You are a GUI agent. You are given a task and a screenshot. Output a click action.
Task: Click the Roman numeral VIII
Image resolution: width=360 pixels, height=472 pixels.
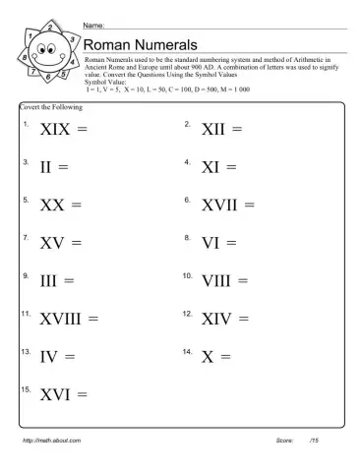click(x=216, y=280)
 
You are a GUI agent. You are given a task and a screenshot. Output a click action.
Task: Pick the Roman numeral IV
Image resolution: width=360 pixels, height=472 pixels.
click(x=50, y=357)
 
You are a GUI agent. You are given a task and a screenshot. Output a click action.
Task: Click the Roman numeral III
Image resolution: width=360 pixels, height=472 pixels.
click(x=49, y=280)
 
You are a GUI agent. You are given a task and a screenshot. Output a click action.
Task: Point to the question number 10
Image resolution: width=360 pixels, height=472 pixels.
click(x=187, y=275)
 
